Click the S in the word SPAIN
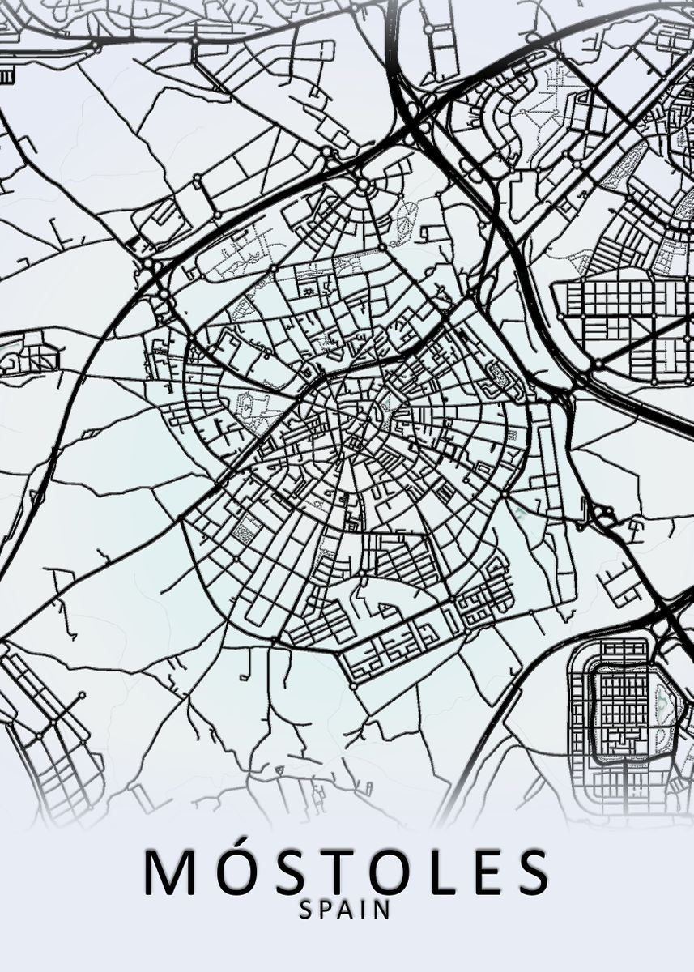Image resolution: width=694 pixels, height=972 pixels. coord(305,910)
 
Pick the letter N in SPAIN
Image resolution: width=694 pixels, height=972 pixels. coord(381,910)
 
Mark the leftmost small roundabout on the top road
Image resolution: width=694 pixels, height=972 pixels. coord(194,40)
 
